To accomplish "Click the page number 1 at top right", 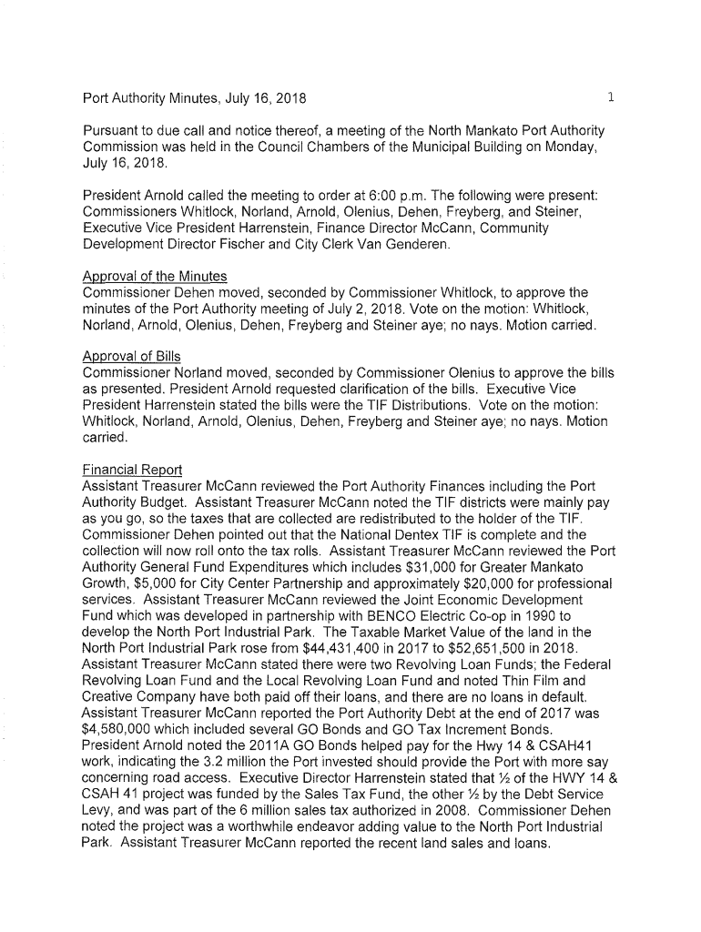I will point(613,96).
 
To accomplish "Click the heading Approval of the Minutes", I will point(155,276).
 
